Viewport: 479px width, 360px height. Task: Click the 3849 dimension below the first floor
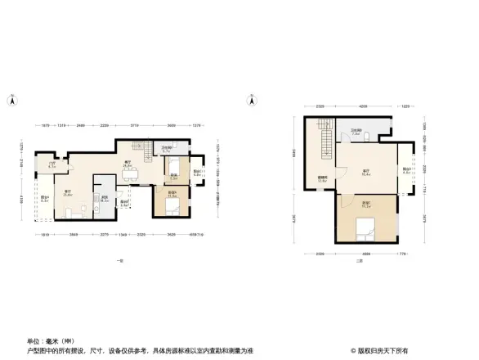pos(74,236)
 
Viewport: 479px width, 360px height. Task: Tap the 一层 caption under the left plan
pos(119,260)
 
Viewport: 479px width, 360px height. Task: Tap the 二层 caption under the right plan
pos(358,260)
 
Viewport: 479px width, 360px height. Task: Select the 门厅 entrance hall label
pos(51,165)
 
